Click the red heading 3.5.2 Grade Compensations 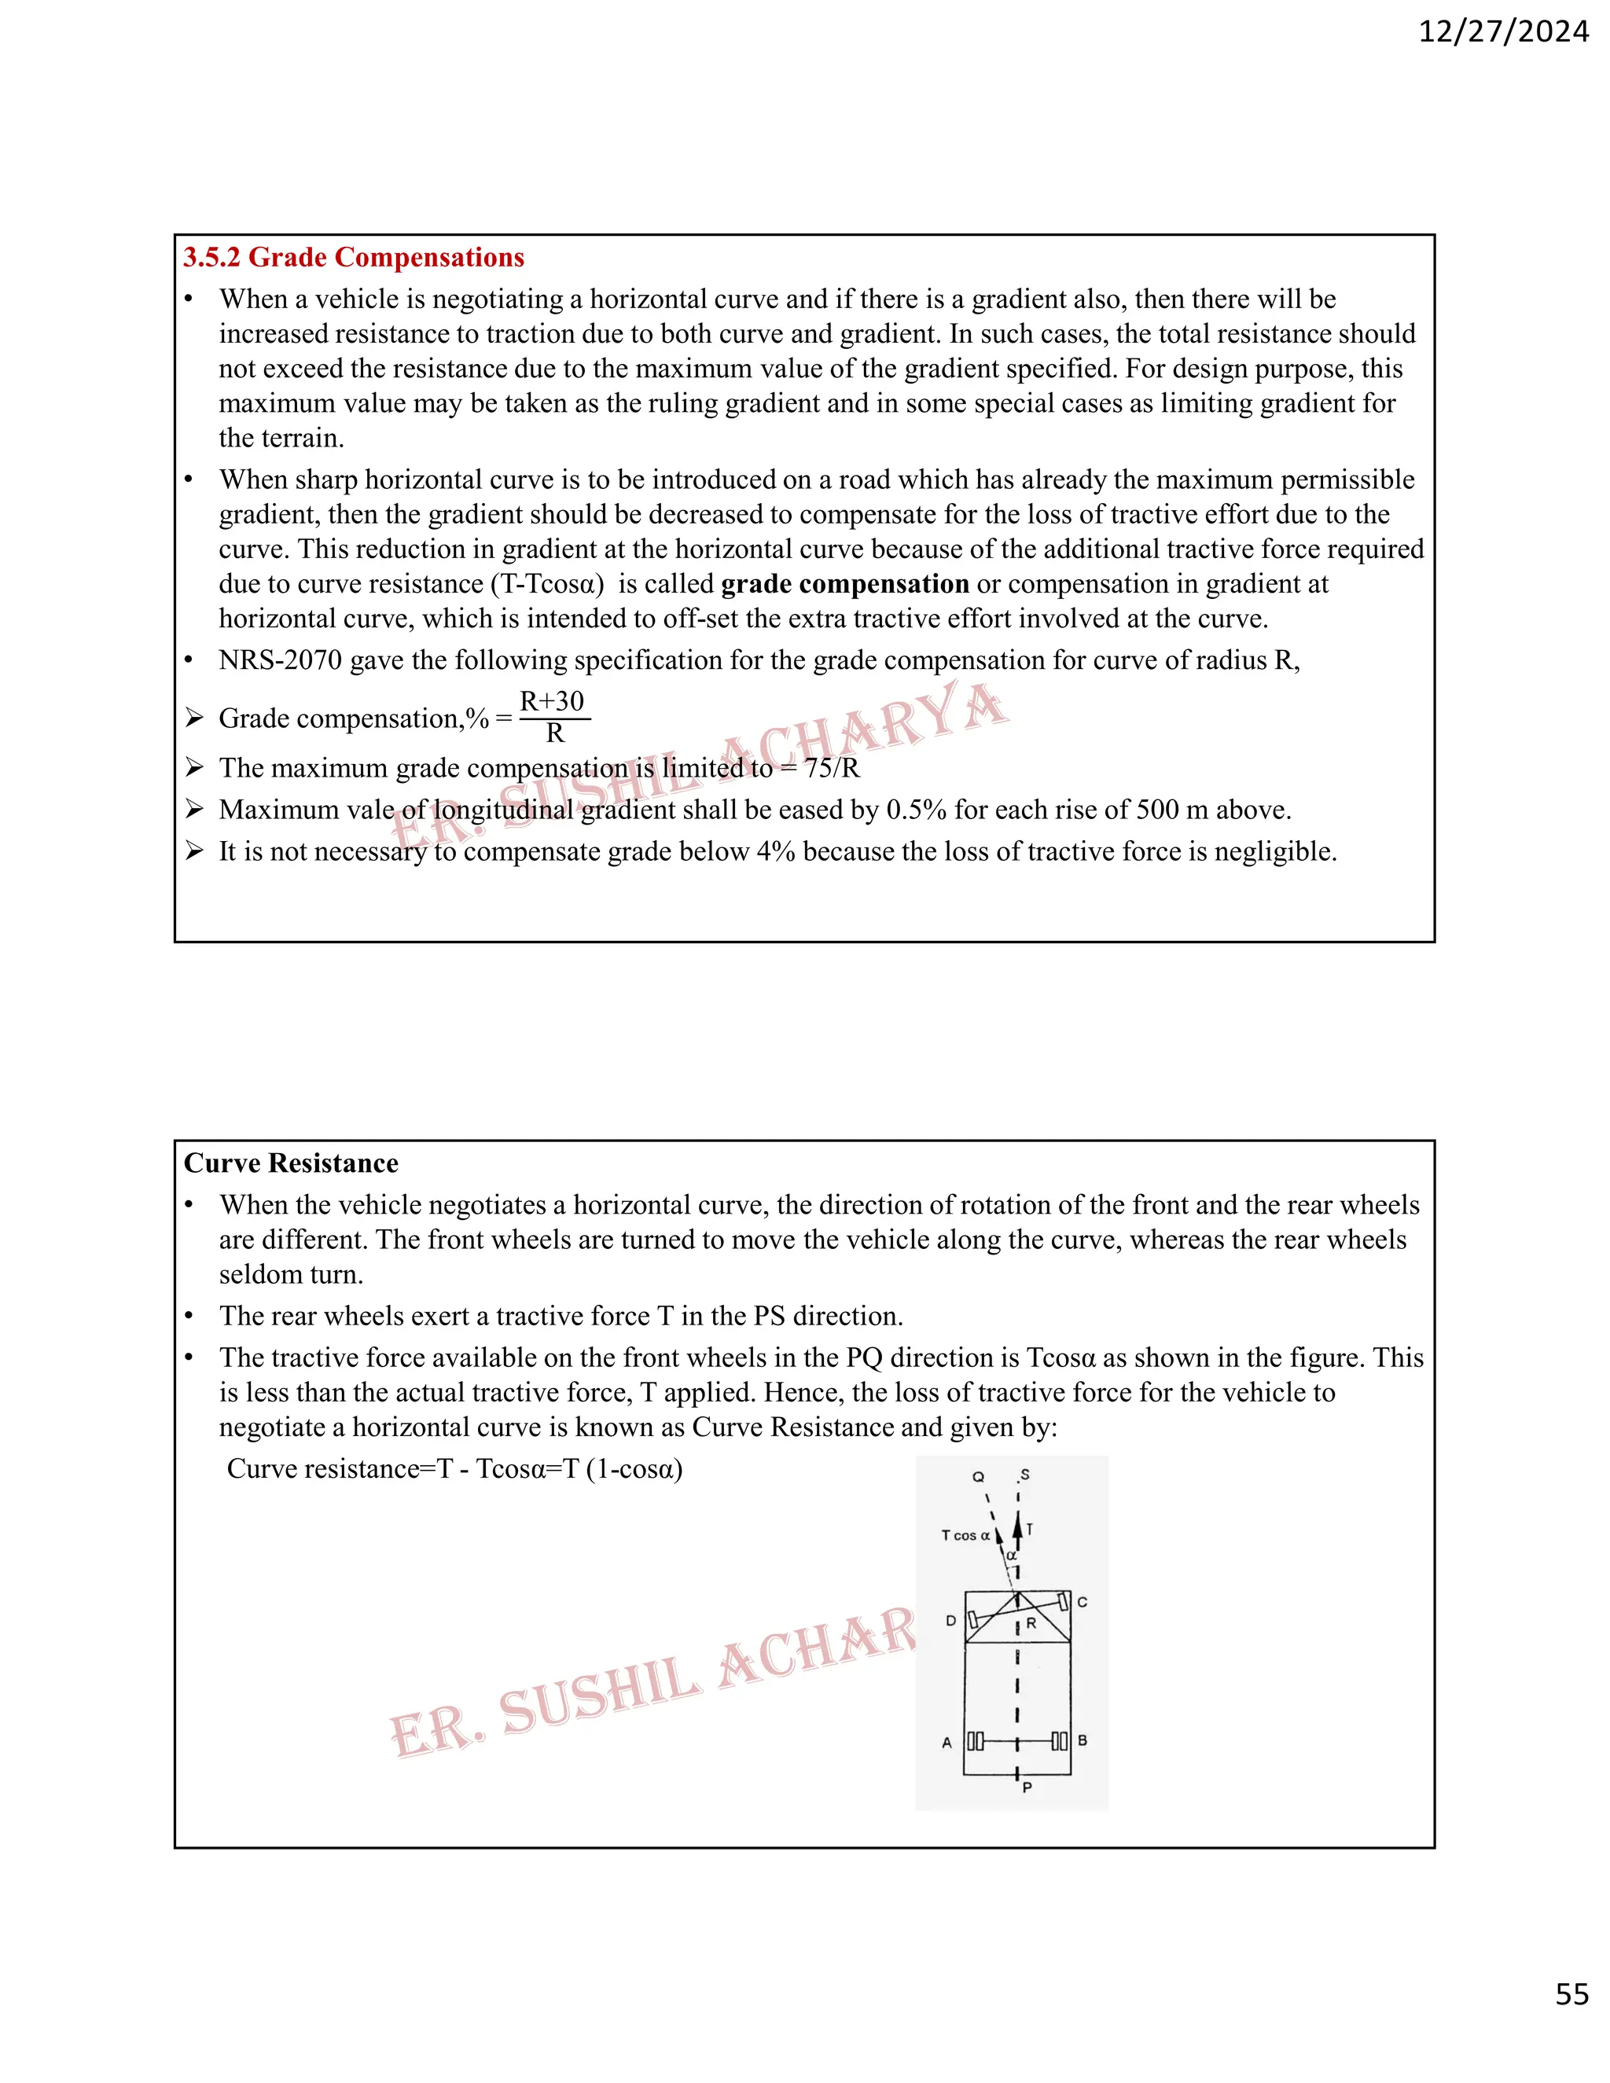pyautogui.click(x=354, y=258)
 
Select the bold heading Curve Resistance pyautogui.click(x=291, y=1163)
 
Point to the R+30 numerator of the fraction pyautogui.click(x=552, y=701)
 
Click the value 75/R pyautogui.click(x=832, y=769)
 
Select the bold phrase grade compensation pyautogui.click(x=845, y=584)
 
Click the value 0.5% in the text pyautogui.click(x=917, y=810)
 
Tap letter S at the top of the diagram pyautogui.click(x=1025, y=1475)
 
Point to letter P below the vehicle pyautogui.click(x=1027, y=1787)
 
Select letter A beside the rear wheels pyautogui.click(x=947, y=1743)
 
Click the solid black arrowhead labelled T pyautogui.click(x=1018, y=1527)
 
